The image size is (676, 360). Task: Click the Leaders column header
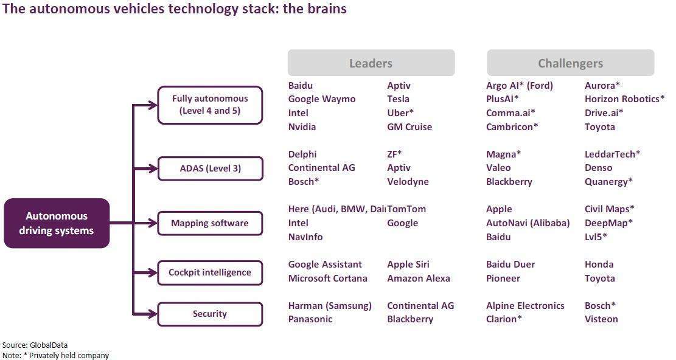point(371,63)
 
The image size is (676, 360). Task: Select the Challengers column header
point(570,63)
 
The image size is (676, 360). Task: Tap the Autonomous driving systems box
point(57,223)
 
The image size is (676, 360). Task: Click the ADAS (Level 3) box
point(210,168)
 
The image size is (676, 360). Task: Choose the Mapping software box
point(210,223)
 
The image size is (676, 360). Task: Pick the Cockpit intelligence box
point(210,272)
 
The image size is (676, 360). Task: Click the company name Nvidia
point(302,127)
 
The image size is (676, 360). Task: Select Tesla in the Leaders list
point(398,99)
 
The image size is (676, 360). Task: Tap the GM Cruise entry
point(409,127)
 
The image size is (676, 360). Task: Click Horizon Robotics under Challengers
point(624,99)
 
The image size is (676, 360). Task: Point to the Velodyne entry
point(408,182)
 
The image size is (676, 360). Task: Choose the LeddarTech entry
point(612,154)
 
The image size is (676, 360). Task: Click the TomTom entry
point(407,209)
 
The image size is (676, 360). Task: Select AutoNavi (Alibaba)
point(528,223)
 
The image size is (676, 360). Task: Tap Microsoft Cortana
point(327,279)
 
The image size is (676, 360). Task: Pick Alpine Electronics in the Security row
point(525,306)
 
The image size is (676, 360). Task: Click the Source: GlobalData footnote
point(35,345)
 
